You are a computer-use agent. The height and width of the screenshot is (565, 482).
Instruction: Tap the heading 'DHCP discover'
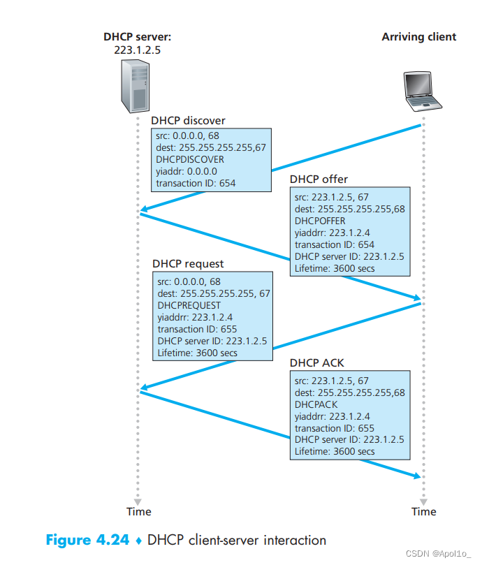pos(189,120)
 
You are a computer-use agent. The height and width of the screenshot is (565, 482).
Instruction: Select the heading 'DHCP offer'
pos(319,179)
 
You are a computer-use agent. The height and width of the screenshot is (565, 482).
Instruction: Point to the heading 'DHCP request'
pos(188,263)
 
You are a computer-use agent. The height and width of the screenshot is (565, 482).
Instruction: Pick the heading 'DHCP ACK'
pos(317,363)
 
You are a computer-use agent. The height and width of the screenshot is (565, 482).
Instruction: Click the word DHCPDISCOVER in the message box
pos(190,159)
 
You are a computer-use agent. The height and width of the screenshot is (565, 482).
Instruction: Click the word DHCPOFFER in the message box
pos(320,220)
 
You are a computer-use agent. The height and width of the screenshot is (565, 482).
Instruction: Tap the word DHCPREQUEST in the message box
pos(189,305)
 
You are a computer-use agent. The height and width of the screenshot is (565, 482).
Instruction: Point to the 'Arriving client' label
pos(418,36)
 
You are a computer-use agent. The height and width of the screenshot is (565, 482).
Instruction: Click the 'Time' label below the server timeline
pos(138,511)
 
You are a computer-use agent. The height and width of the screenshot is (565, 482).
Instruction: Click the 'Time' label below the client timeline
pos(423,511)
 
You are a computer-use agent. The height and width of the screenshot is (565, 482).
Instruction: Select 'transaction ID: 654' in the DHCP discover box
pos(196,183)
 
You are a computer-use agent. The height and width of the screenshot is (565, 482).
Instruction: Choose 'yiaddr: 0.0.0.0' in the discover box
pos(187,171)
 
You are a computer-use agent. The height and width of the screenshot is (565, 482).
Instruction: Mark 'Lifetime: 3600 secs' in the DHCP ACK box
pos(335,451)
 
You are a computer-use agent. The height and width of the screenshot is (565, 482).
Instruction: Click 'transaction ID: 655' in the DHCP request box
pos(198,329)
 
